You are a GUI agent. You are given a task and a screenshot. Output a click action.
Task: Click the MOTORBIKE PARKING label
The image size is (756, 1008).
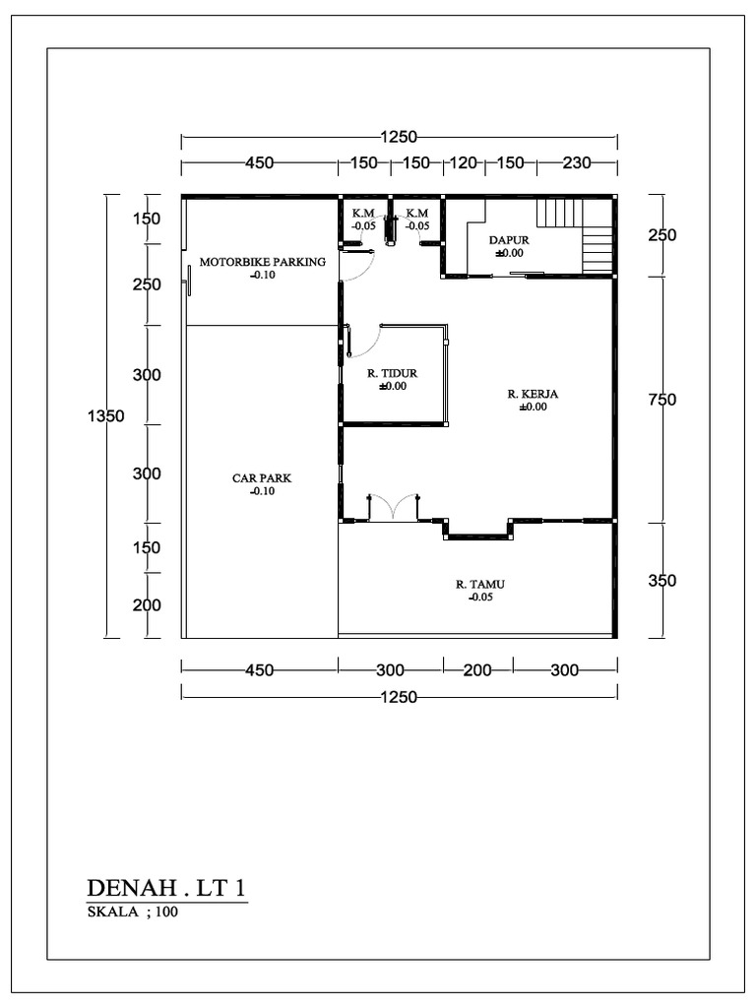pos(262,262)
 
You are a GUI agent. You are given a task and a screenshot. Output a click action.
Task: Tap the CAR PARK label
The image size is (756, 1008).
pos(262,478)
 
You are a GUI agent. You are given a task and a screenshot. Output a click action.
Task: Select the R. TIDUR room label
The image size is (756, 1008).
pos(393,373)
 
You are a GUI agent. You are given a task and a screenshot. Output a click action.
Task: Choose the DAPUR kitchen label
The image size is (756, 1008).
pos(509,239)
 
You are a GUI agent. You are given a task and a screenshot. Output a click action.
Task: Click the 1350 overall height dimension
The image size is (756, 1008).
pos(106,416)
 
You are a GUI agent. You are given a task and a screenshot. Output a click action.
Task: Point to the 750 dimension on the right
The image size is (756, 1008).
pos(662,400)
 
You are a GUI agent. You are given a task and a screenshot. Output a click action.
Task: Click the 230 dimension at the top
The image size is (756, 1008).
pos(576,163)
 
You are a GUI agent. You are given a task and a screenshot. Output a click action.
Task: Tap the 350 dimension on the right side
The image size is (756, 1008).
pos(662,581)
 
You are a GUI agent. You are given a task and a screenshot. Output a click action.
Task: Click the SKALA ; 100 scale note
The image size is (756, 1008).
pos(133,912)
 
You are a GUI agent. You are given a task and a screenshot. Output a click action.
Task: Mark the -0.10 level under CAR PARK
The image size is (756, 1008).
pos(262,491)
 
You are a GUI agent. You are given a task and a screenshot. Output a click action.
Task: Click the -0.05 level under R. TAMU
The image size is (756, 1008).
pos(481,597)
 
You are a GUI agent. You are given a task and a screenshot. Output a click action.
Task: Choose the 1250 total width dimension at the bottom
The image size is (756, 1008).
pos(400,697)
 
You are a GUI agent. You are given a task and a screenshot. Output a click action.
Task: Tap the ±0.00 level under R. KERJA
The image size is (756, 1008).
pos(533,407)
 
